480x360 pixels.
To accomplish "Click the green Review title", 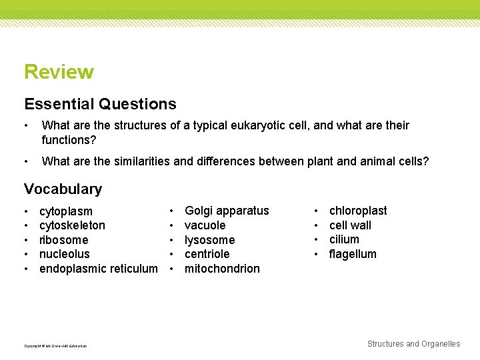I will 59,72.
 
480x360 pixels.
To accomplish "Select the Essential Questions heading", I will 100,104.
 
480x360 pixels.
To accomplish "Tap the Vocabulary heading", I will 63,189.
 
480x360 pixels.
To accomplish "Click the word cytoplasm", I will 66,211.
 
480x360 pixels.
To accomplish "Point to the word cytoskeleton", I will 72,226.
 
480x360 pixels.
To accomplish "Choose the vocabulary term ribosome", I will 63,240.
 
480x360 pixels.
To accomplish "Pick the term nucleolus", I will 64,254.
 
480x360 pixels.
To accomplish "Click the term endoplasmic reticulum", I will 99,269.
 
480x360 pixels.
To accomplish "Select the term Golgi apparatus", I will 227,211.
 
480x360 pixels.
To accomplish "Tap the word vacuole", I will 205,225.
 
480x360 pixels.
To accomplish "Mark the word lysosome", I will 209,240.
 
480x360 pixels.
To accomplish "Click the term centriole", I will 207,254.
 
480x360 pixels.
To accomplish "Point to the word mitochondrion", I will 222,269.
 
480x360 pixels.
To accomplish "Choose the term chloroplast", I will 358,211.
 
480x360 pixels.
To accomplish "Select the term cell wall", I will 350,225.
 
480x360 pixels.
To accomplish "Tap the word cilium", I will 344,239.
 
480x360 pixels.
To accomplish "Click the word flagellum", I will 353,254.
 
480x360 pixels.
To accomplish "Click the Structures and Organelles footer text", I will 413,344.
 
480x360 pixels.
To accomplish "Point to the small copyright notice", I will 55,345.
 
